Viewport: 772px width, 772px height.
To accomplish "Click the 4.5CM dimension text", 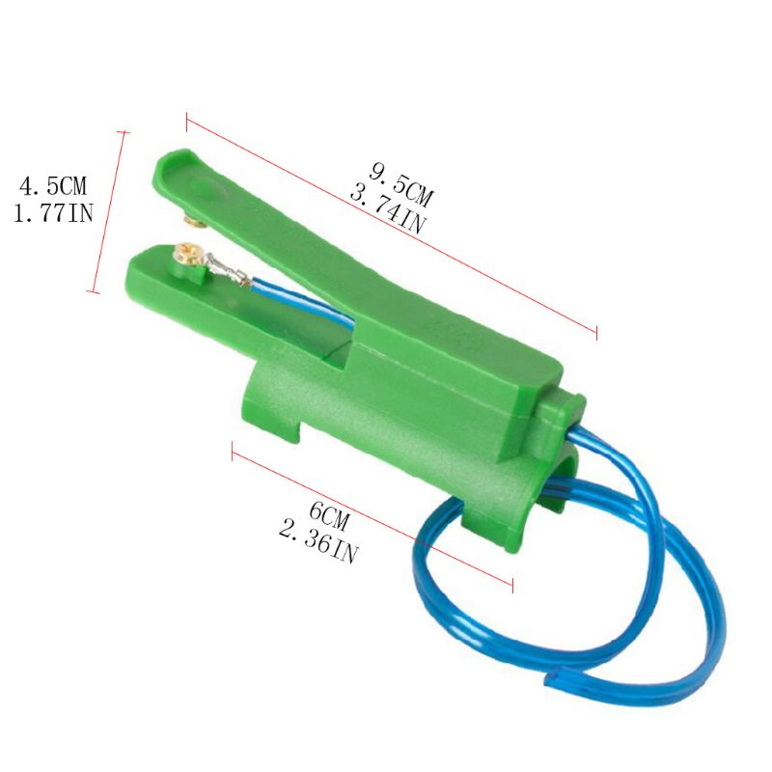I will pyautogui.click(x=53, y=183).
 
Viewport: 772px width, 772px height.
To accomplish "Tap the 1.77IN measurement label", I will pyautogui.click(x=53, y=212).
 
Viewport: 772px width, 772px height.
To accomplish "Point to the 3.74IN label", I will pyautogui.click(x=386, y=210).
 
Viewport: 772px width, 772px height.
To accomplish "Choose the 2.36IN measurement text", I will pyautogui.click(x=317, y=542).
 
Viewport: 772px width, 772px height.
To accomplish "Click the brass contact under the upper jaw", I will pyautogui.click(x=194, y=224).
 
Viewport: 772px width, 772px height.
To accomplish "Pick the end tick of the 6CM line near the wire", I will pyautogui.click(x=511, y=584).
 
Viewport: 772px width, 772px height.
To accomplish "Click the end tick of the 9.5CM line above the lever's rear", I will pyautogui.click(x=597, y=333).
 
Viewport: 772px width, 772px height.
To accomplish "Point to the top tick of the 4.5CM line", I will pyautogui.click(x=124, y=131).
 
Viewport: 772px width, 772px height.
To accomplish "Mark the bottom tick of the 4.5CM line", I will pyautogui.click(x=94, y=290).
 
